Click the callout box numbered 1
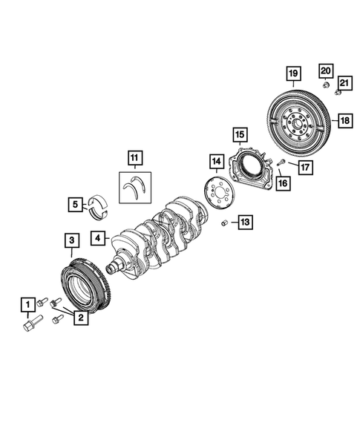pos(27,304)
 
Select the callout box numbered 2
pos(79,318)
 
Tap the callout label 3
pos(70,240)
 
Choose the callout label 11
pos(134,157)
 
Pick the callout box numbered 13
pos(245,221)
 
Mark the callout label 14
pos(216,161)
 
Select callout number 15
pos(238,134)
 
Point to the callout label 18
pos(344,119)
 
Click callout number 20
pos(325,70)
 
